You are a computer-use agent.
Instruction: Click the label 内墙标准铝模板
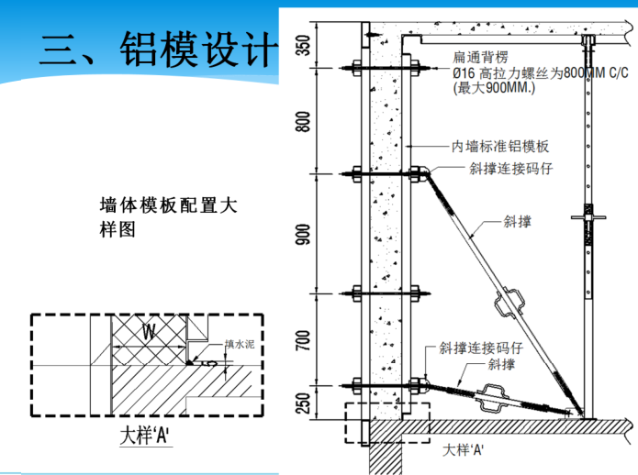pyautogui.click(x=500, y=146)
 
